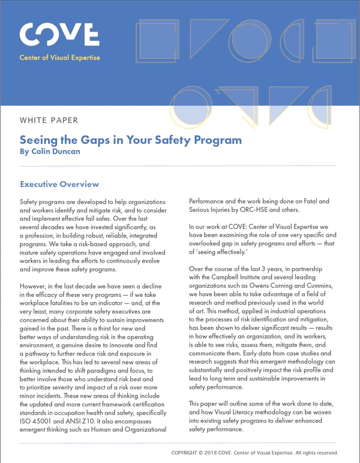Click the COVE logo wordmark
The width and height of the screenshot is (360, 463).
(x=59, y=34)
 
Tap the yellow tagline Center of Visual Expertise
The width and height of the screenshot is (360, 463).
(x=60, y=58)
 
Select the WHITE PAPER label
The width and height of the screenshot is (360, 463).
(x=50, y=120)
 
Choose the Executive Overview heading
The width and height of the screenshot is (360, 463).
(x=59, y=184)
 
